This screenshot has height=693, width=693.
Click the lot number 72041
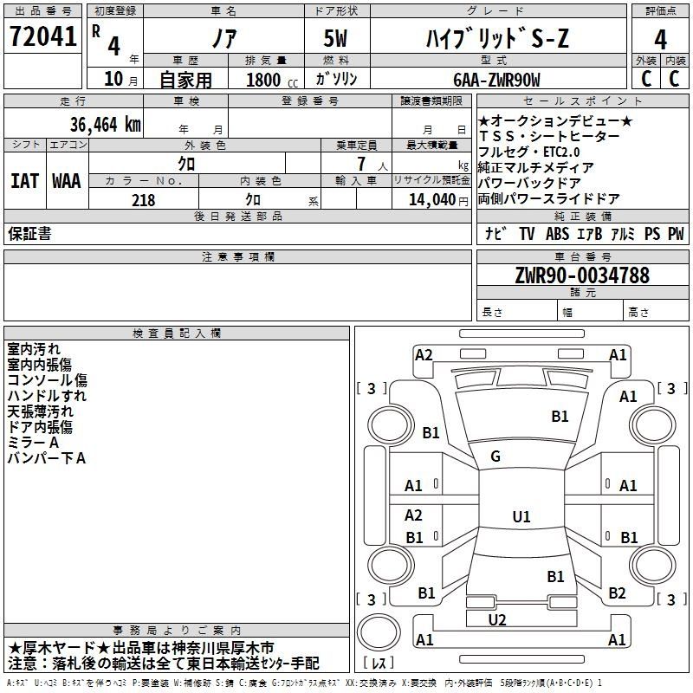tap(42, 36)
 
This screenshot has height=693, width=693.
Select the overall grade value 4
tap(660, 39)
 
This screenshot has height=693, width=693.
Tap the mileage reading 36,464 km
tap(105, 125)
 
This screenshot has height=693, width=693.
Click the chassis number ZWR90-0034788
tap(582, 275)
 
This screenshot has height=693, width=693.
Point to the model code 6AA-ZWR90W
tap(496, 80)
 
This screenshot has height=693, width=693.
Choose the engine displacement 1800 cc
tap(271, 80)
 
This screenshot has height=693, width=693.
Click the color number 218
tap(144, 200)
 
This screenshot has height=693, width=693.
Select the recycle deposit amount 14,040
tap(432, 200)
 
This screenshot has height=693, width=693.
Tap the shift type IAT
tap(24, 181)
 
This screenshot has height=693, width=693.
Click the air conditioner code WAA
tap(67, 181)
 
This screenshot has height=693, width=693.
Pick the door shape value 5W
tap(335, 38)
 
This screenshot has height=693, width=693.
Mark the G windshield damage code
tap(495, 457)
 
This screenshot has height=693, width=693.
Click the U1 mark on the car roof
tap(521, 516)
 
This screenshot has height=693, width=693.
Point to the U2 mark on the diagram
tap(497, 620)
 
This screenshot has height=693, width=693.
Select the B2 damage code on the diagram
tap(617, 593)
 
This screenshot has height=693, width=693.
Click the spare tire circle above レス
tap(379, 632)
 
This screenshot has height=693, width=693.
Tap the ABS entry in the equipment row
tap(557, 234)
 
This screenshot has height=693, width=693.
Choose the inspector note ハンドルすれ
tap(47, 396)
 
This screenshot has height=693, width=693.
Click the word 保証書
tap(29, 234)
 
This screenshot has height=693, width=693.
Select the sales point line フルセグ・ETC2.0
tap(528, 152)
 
